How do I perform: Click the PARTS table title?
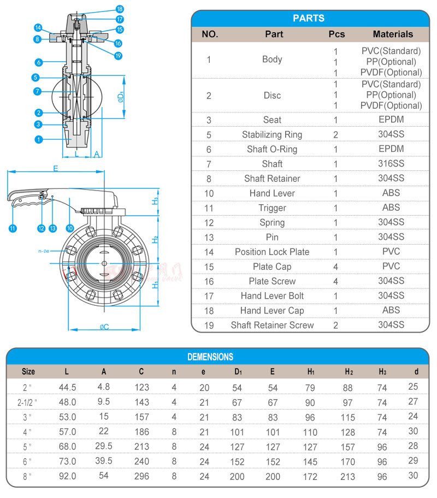[309, 18]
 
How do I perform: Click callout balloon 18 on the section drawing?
[120, 9]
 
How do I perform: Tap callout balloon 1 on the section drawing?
[39, 140]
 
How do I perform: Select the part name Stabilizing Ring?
[272, 134]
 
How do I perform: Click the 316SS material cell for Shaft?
[391, 164]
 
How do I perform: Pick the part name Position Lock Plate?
[272, 252]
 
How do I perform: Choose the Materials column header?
[393, 34]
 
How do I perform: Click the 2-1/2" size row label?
[28, 402]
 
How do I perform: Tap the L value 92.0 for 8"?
[67, 476]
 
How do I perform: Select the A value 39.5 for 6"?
[104, 461]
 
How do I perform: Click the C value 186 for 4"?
[141, 431]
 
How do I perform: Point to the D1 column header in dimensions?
[238, 372]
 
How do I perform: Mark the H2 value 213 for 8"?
[348, 476]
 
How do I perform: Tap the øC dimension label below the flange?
[104, 327]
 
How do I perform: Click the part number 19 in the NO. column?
[209, 325]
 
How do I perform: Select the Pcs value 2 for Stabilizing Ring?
[336, 135]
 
